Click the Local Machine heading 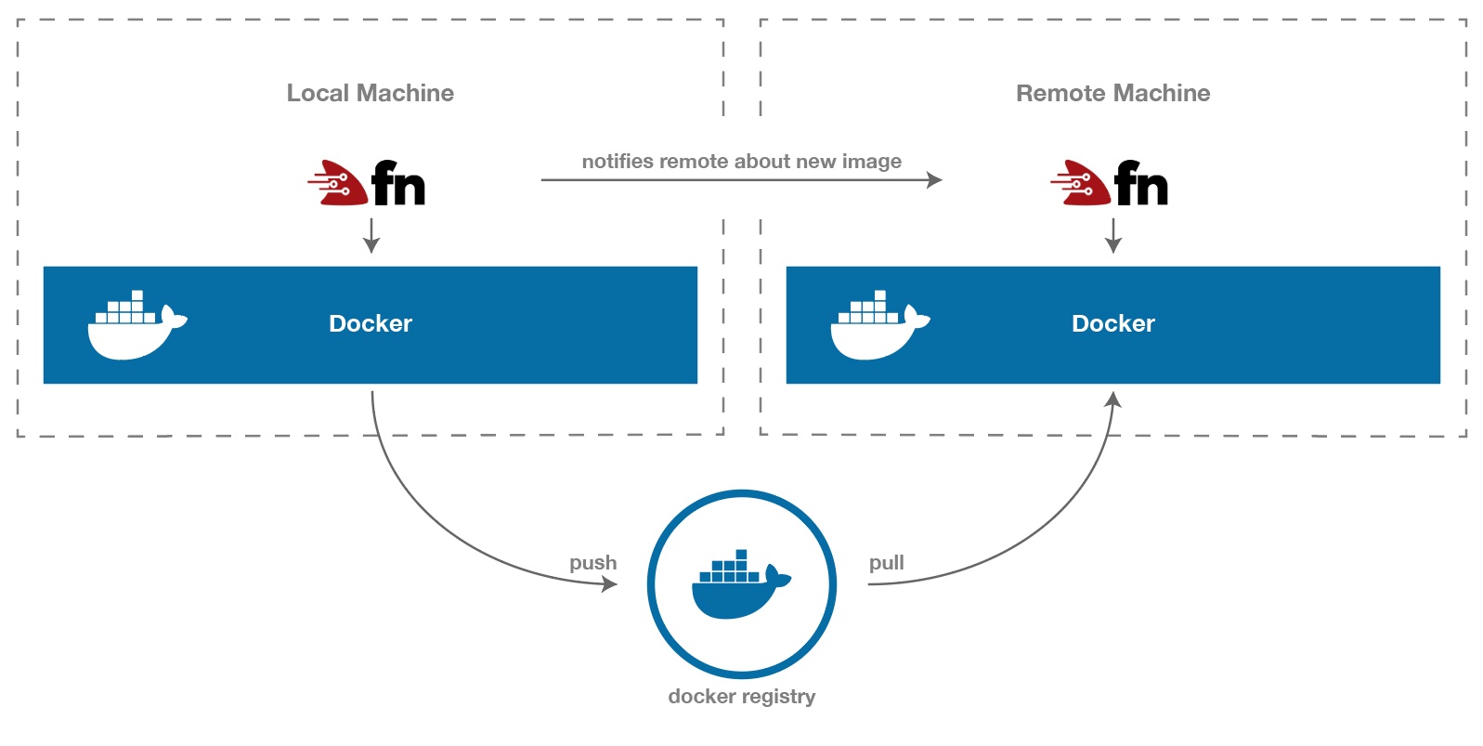[x=370, y=93]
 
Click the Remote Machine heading [x=1112, y=93]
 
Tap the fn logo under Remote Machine [x=1111, y=183]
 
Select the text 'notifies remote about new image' [x=741, y=161]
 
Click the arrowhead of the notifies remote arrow [x=935, y=180]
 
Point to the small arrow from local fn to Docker [x=371, y=236]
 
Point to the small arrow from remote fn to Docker [x=1113, y=236]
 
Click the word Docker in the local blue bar [x=370, y=323]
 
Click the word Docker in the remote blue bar [x=1112, y=323]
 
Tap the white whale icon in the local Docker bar [x=136, y=326]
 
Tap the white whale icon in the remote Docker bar [x=878, y=326]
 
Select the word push [x=592, y=562]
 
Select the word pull [x=886, y=562]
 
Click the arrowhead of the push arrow [x=610, y=583]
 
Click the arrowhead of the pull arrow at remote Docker [x=1112, y=399]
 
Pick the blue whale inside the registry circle [x=739, y=587]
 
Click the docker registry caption [x=741, y=696]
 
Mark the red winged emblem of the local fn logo [x=336, y=182]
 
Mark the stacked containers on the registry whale [x=731, y=568]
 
